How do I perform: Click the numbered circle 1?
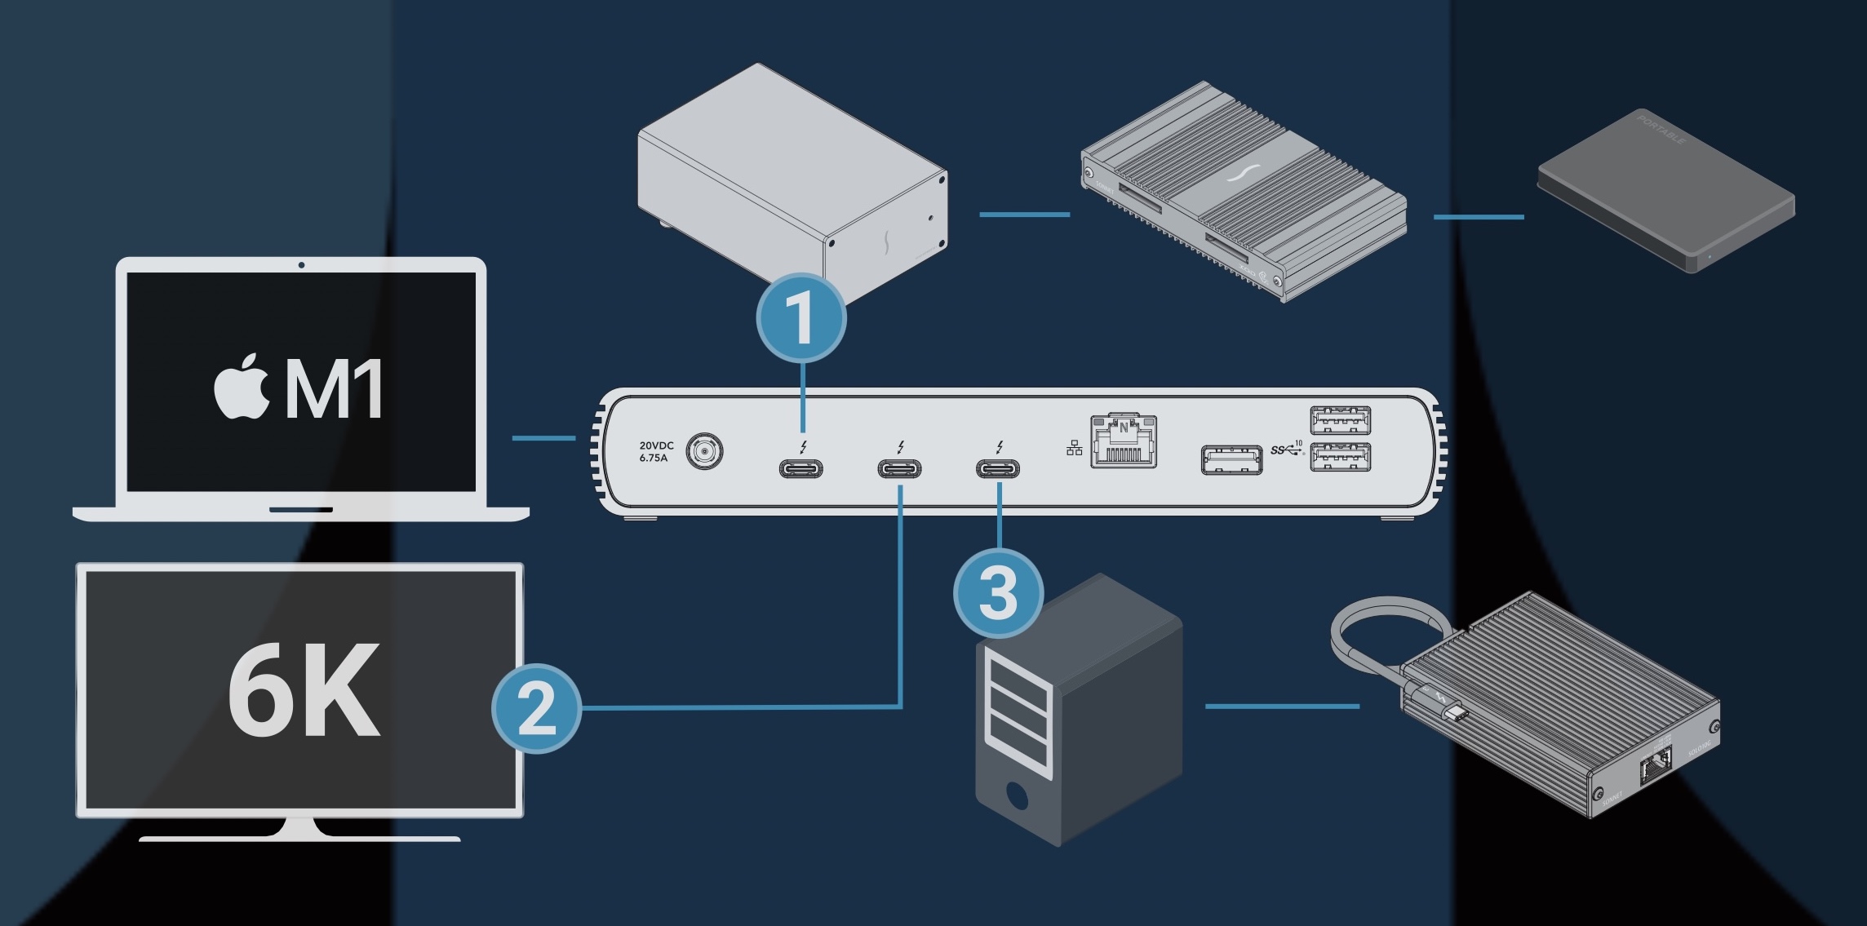pos(801,318)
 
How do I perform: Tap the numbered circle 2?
pos(536,707)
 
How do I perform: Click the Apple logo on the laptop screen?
pos(242,388)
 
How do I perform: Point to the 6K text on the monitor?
pos(304,690)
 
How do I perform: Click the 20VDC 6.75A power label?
pos(655,452)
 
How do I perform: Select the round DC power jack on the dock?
pos(705,451)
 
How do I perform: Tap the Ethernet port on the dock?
pos(1124,442)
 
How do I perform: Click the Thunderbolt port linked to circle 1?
pos(800,468)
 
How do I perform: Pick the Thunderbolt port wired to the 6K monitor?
pos(899,468)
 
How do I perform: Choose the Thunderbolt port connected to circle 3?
pos(998,468)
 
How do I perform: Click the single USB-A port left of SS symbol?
pos(1231,459)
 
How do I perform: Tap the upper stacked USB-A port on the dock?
pos(1340,421)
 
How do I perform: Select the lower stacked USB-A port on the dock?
pos(1340,457)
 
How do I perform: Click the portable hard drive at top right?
pos(1665,192)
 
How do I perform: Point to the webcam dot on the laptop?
pos(302,265)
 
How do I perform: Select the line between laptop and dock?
pos(543,438)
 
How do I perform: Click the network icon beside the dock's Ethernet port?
pos(1075,448)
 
